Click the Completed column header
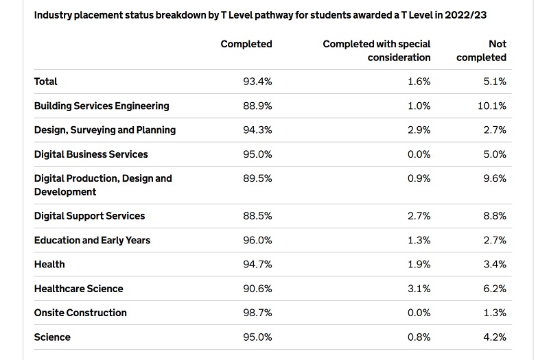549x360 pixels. (x=246, y=44)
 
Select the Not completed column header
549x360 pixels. (x=482, y=51)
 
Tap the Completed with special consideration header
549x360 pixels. (x=376, y=51)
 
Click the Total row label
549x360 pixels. (x=45, y=82)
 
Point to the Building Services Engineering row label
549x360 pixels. (x=102, y=106)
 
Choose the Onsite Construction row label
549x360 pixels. (x=80, y=313)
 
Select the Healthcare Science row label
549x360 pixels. (x=78, y=289)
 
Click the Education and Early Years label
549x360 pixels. (x=92, y=241)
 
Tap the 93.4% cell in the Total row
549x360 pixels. (x=257, y=82)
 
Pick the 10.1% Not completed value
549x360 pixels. (x=492, y=106)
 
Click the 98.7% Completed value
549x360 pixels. (x=257, y=313)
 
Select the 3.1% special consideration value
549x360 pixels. (x=419, y=289)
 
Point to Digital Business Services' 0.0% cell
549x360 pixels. (x=419, y=154)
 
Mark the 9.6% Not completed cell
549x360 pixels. (x=495, y=178)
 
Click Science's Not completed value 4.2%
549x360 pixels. (x=495, y=337)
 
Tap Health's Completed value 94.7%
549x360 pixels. (x=257, y=265)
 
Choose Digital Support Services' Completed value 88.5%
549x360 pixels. (x=257, y=216)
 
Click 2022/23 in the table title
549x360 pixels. (x=466, y=15)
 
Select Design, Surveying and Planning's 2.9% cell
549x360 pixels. (x=419, y=130)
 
